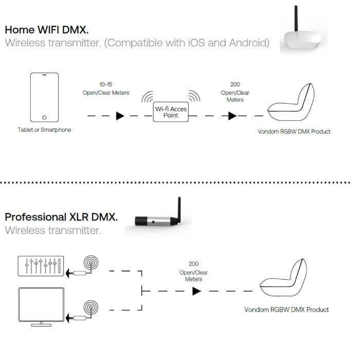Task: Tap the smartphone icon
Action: click(x=44, y=97)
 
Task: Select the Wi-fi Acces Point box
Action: click(x=171, y=112)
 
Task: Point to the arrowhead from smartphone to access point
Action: click(x=120, y=116)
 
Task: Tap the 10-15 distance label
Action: click(x=105, y=84)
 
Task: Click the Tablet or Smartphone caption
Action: click(x=44, y=130)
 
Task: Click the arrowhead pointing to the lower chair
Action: click(x=196, y=291)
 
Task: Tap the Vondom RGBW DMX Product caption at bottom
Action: click(x=286, y=310)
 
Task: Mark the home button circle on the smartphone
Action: click(x=44, y=118)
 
